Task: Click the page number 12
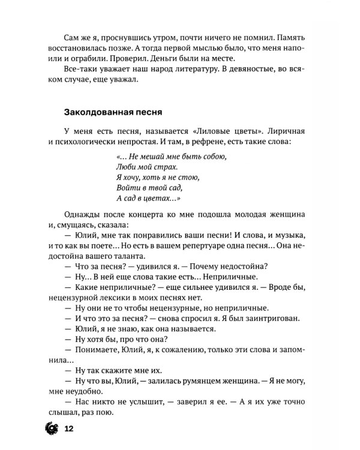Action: [x=68, y=429]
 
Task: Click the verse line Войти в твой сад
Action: [x=139, y=188]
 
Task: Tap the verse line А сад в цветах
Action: [x=146, y=199]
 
